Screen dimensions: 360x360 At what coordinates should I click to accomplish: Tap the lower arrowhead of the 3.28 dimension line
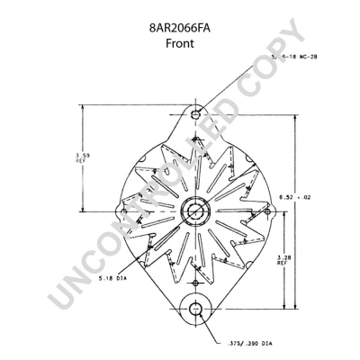point(287,307)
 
